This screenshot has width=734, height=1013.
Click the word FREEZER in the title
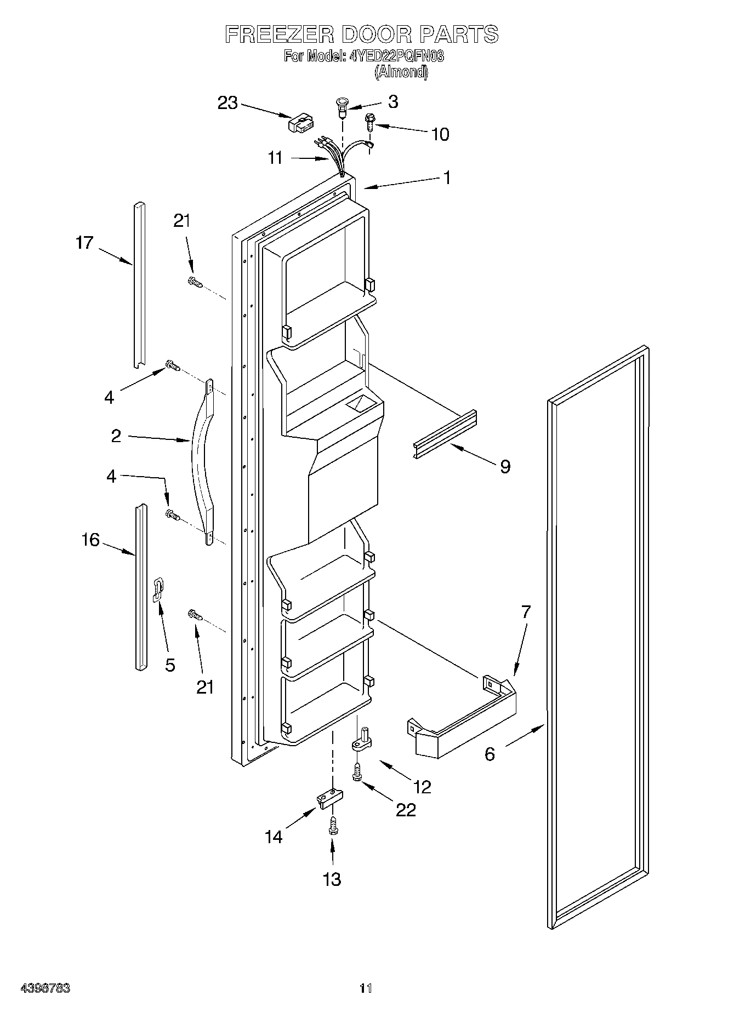click(x=279, y=35)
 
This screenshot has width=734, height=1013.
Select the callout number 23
click(x=227, y=102)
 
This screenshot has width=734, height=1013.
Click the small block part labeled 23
click(x=300, y=123)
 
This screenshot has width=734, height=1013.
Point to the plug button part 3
click(x=342, y=106)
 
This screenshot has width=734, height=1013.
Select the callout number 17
click(x=85, y=242)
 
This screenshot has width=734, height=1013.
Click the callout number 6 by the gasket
click(x=490, y=754)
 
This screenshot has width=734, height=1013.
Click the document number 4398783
click(x=45, y=988)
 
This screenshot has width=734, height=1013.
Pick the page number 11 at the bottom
click(x=366, y=988)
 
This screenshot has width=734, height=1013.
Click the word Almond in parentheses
click(x=401, y=72)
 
